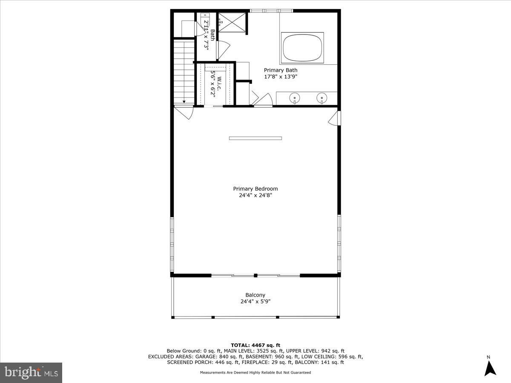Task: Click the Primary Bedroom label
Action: [255, 189]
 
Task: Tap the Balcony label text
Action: [255, 295]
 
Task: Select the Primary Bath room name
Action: [281, 70]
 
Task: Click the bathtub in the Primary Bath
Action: [302, 48]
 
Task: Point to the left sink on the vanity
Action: [295, 97]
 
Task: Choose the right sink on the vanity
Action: [322, 97]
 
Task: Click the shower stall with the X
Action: [232, 22]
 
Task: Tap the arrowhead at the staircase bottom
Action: [184, 102]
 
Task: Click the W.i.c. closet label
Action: [219, 83]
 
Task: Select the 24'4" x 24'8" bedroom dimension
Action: [255, 195]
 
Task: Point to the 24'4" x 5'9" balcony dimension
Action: [255, 302]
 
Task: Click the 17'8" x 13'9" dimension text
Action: [281, 77]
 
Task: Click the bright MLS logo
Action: [31, 373]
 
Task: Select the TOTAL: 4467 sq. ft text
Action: [255, 345]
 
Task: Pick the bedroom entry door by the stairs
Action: [184, 112]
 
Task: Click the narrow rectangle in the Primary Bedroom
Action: [255, 138]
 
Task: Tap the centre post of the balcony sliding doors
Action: [255, 276]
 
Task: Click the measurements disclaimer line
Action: [255, 372]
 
